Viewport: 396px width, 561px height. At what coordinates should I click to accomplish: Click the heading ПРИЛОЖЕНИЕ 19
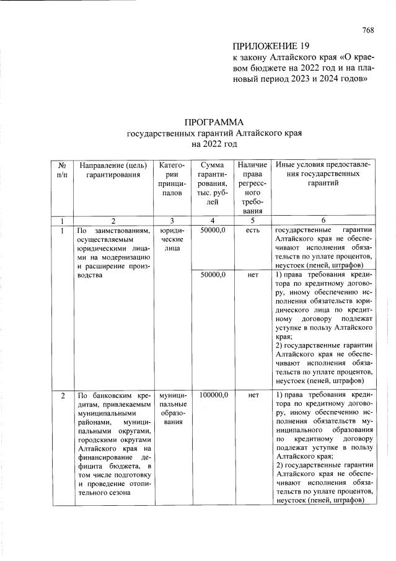click(270, 46)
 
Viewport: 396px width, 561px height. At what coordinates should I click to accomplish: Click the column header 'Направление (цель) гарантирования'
click(110, 170)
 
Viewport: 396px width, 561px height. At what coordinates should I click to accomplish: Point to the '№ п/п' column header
click(62, 170)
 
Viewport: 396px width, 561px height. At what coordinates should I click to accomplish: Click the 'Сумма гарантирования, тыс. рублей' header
click(213, 183)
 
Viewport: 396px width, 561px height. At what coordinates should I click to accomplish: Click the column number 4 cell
click(213, 220)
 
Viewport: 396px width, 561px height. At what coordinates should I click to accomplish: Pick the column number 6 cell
click(324, 220)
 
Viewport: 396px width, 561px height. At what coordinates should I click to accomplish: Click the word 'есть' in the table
click(252, 230)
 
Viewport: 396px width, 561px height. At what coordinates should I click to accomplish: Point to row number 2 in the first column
click(62, 394)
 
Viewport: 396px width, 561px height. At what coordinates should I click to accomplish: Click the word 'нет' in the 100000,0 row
click(252, 394)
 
